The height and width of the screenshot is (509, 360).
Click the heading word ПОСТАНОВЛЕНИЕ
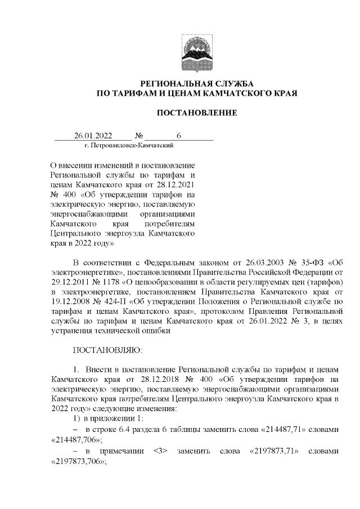pos(196,113)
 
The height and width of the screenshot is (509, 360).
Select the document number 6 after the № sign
pos(179,136)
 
